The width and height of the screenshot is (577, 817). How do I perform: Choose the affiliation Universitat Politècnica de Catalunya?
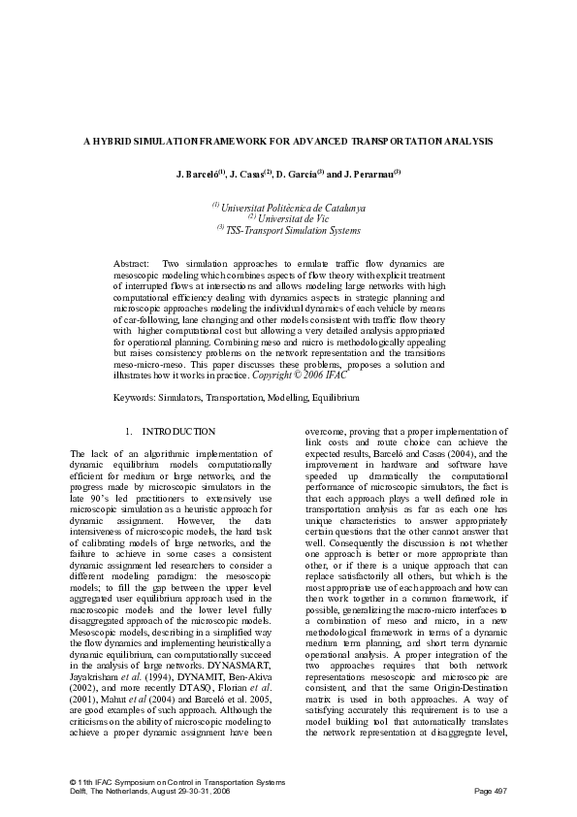click(290, 208)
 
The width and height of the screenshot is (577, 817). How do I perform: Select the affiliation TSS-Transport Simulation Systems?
click(292, 230)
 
